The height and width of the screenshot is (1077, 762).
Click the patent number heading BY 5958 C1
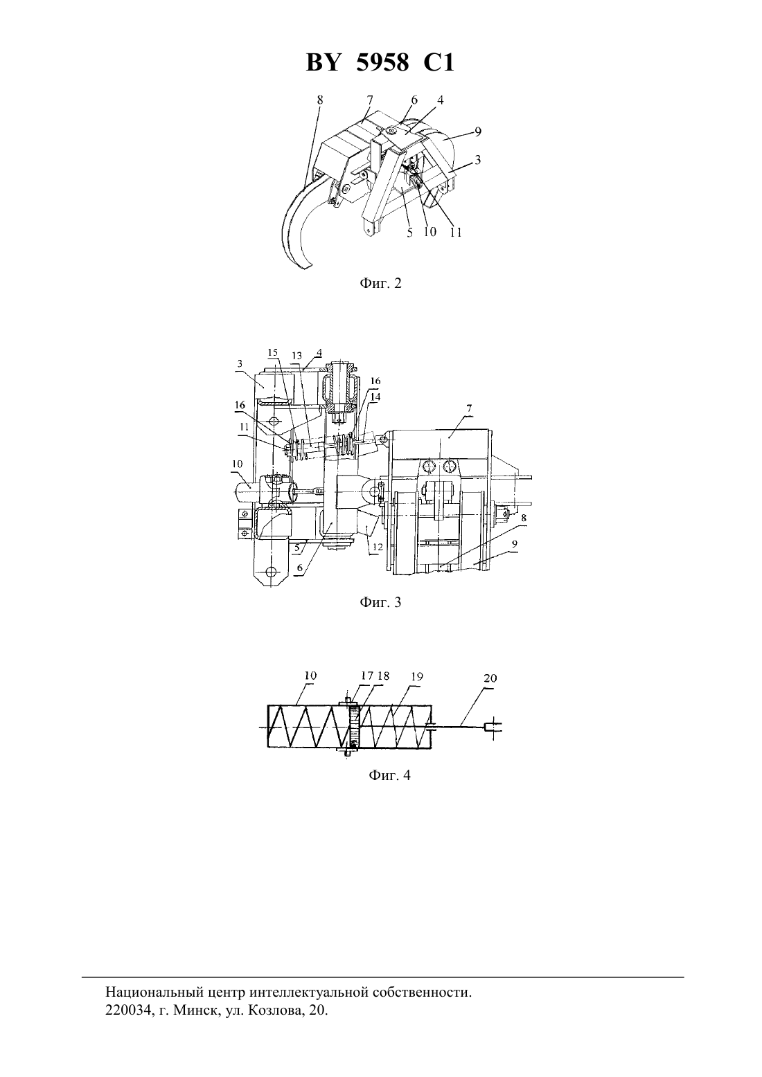[380, 62]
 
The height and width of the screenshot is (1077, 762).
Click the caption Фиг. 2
[380, 283]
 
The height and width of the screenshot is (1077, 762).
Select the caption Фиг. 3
[380, 602]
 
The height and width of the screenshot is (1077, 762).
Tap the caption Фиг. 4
[389, 775]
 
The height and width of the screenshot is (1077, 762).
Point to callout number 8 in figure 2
[320, 100]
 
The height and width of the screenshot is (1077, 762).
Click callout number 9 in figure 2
[478, 132]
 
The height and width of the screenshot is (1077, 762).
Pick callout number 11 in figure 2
[456, 233]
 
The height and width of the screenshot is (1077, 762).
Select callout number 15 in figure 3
[273, 352]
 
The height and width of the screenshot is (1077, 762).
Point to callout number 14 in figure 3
[375, 397]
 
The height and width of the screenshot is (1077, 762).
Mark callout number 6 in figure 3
[300, 568]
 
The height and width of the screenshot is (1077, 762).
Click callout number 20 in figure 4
[490, 678]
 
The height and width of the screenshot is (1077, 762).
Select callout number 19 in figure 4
[416, 676]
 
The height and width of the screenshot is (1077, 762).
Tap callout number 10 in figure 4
[310, 676]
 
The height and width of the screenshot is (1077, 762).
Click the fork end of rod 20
[493, 728]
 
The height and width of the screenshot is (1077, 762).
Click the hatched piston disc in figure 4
[353, 727]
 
